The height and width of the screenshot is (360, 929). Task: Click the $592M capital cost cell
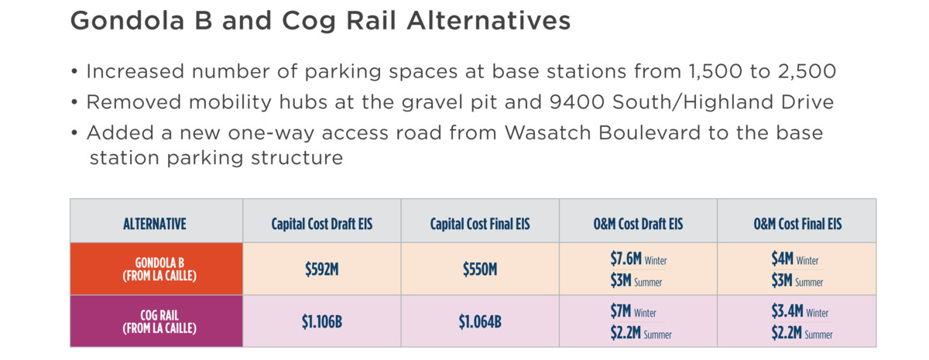[322, 269]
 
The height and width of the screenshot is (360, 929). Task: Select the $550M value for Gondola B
[480, 269]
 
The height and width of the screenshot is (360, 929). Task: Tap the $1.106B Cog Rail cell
[322, 321]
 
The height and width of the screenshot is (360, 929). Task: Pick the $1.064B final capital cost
[480, 321]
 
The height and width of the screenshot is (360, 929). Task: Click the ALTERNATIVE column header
[155, 224]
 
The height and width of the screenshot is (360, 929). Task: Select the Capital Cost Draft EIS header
[322, 224]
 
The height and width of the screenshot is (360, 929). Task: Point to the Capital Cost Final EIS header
[480, 224]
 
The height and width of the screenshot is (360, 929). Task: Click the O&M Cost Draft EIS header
[638, 224]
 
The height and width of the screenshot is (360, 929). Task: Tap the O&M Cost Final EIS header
[797, 224]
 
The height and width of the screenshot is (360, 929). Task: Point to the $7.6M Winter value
[638, 259]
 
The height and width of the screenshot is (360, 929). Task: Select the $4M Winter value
[794, 259]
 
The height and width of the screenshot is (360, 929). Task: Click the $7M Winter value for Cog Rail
[633, 311]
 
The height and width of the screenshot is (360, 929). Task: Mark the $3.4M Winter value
[800, 311]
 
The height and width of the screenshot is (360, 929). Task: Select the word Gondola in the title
[127, 20]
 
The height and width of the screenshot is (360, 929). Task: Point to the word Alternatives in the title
[488, 20]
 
